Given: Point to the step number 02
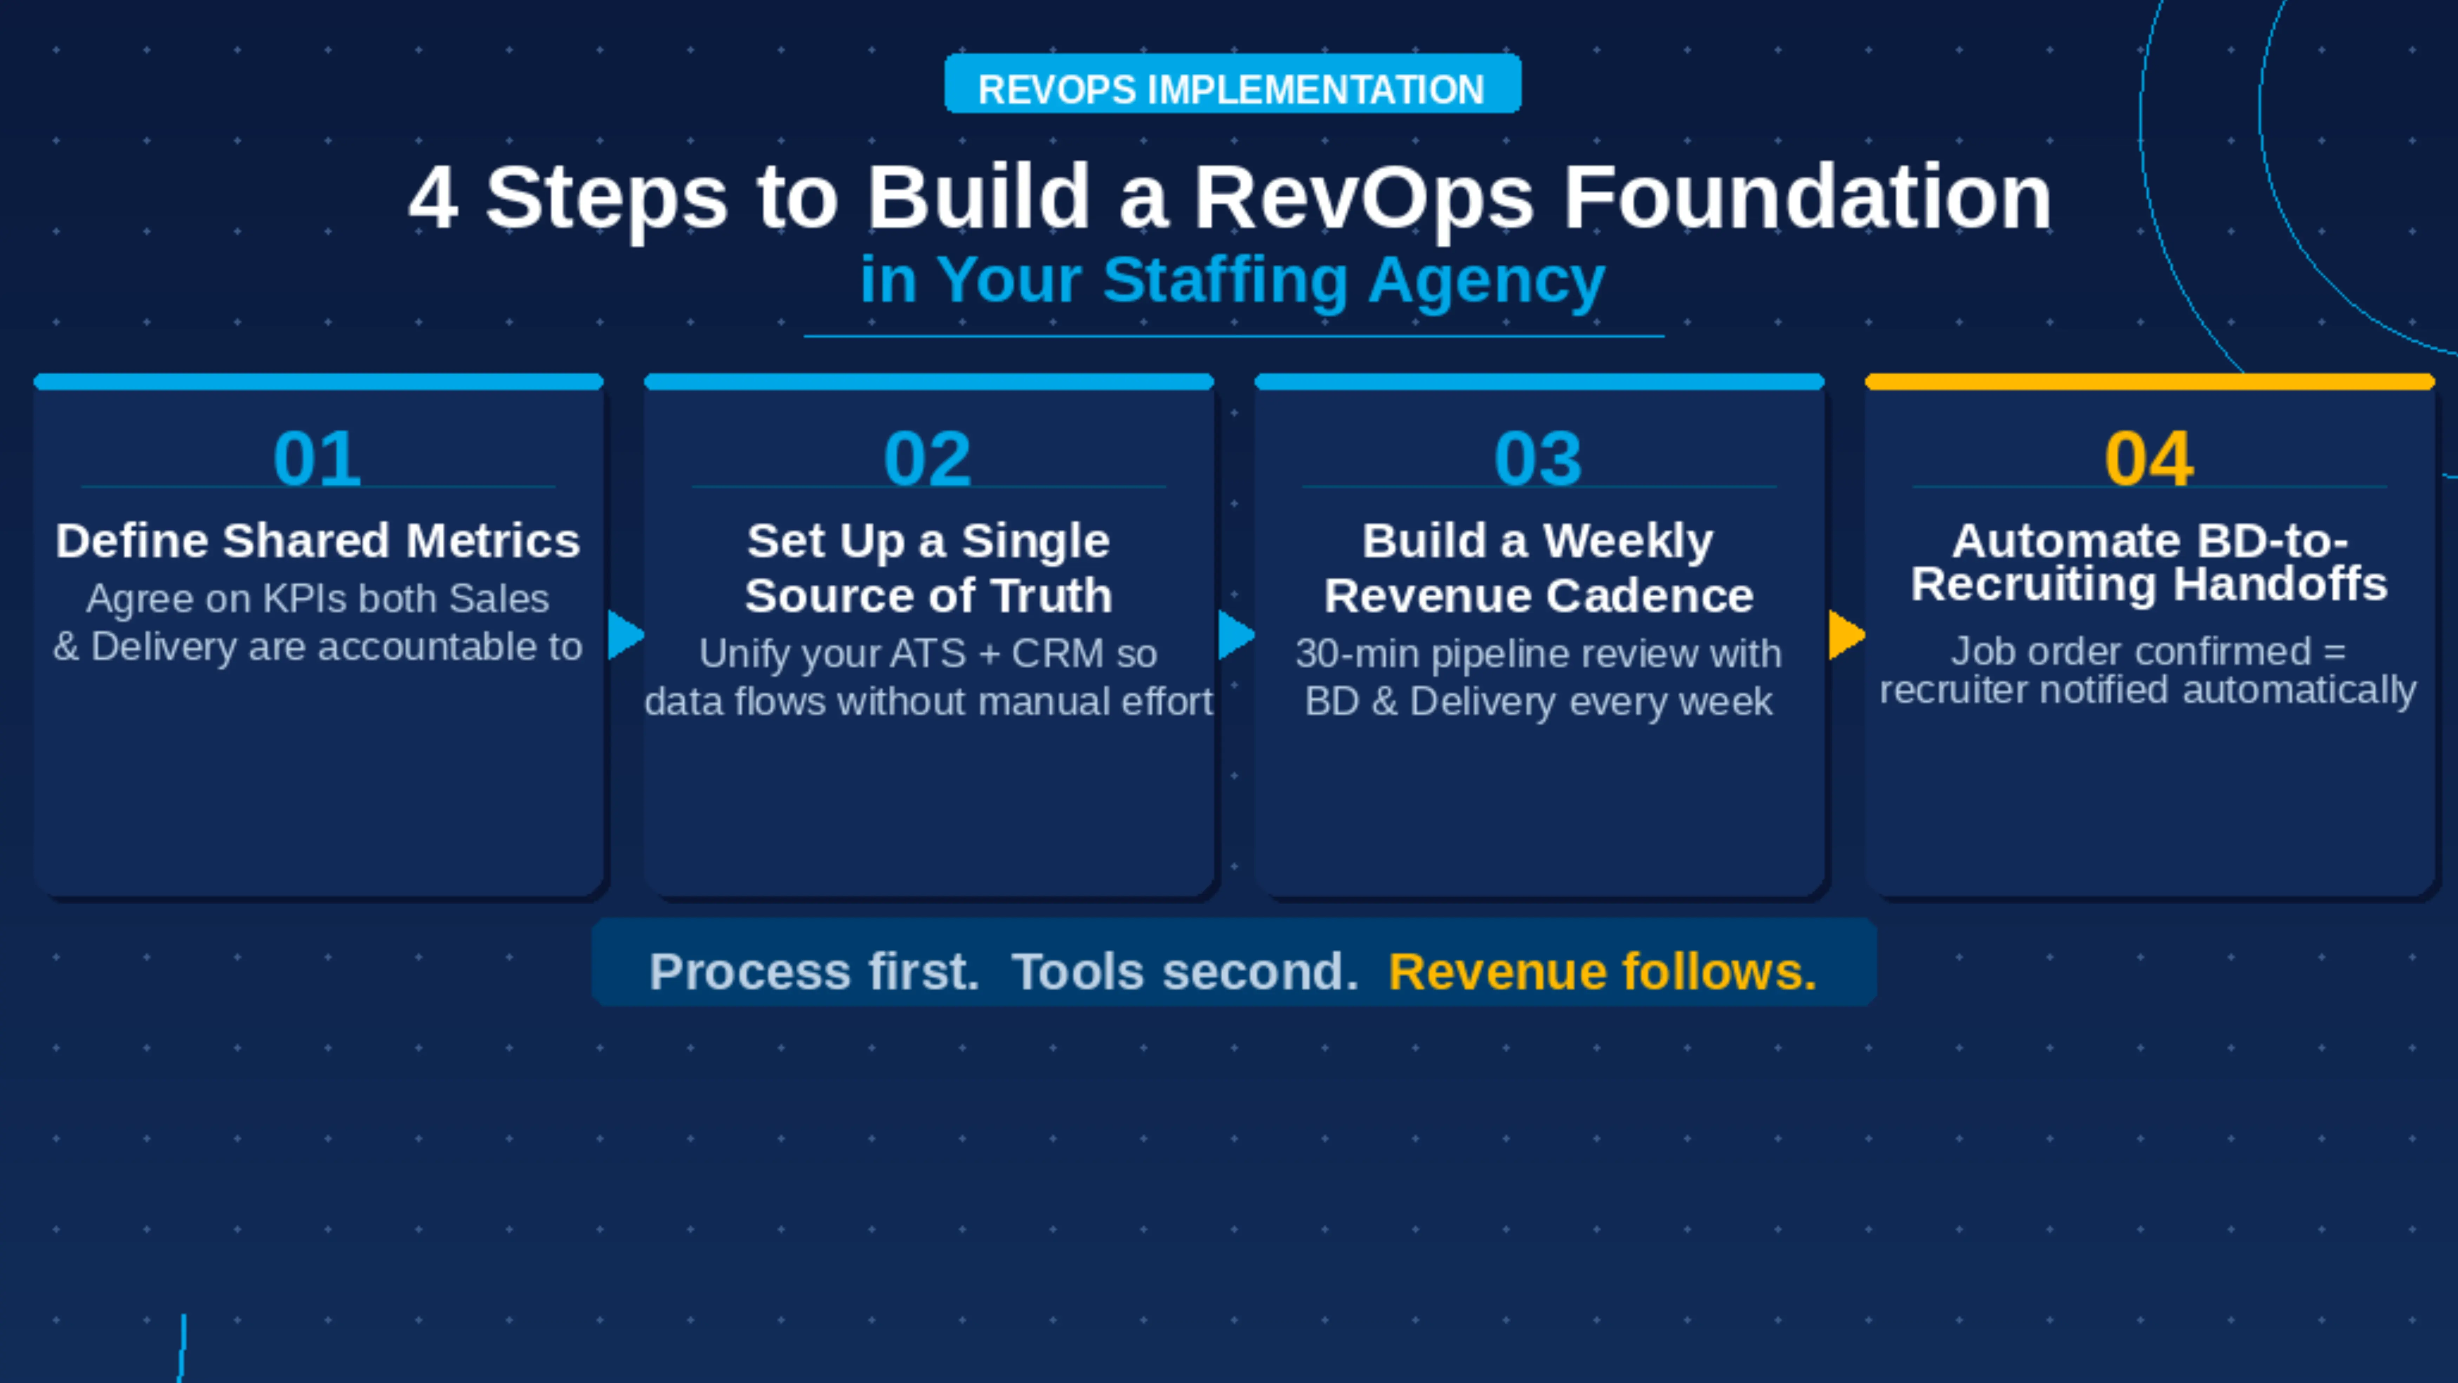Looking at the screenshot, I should [x=927, y=459].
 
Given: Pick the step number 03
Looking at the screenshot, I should [x=1538, y=459].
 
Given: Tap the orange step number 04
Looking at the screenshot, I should [x=2149, y=459].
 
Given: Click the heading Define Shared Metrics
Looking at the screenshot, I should [x=318, y=541].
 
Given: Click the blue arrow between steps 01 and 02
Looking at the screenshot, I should [x=625, y=635].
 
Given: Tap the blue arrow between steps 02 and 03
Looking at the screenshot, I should [x=1236, y=635].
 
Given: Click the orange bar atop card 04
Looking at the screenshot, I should [x=2149, y=382].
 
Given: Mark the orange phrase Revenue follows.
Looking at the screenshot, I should [x=1602, y=972].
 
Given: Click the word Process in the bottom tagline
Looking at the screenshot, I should [x=749, y=972].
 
